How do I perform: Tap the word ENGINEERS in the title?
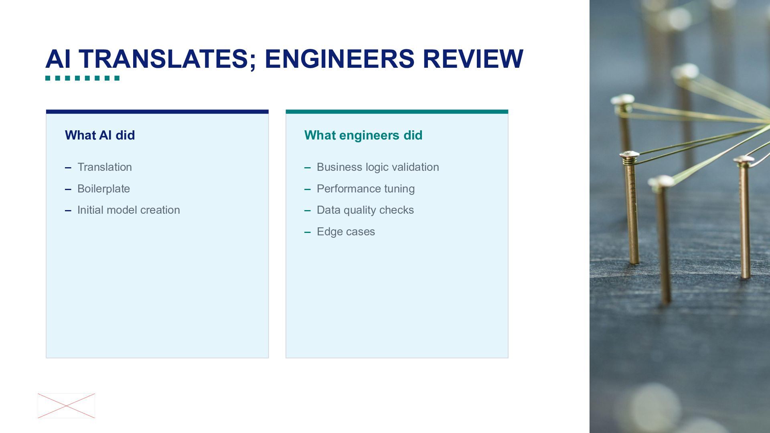(x=340, y=59)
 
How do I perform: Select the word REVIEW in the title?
(x=473, y=59)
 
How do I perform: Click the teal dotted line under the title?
(x=82, y=78)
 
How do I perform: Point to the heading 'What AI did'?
(x=100, y=135)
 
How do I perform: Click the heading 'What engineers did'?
(x=363, y=136)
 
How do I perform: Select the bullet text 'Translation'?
(x=105, y=167)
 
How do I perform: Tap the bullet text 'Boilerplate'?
(x=103, y=189)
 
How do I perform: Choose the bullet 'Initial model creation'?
(x=128, y=210)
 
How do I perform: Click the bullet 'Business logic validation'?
(x=378, y=167)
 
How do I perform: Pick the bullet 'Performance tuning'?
(x=366, y=189)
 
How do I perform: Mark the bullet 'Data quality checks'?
(x=365, y=210)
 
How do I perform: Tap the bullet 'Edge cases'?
(x=346, y=232)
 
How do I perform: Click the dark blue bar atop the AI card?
(x=157, y=112)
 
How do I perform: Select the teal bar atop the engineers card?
(x=397, y=112)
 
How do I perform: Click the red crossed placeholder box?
(x=66, y=406)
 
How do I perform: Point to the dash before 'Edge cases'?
(x=308, y=232)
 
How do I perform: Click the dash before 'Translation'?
(x=68, y=168)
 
